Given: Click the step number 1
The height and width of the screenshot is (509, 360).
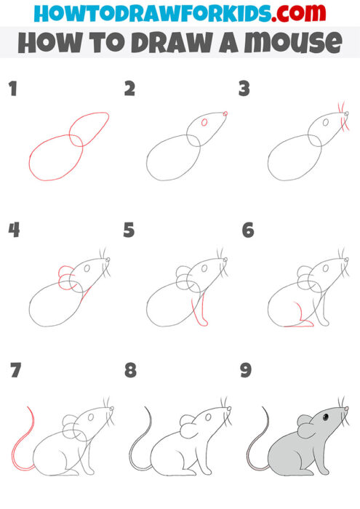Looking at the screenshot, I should click(12, 89).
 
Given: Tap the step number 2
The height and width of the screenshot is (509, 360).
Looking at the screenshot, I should click(130, 89).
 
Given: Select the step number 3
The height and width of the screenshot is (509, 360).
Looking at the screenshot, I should click(244, 89).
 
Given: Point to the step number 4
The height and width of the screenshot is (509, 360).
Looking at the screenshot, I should click(14, 231).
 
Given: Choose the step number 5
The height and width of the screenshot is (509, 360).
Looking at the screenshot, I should click(129, 231).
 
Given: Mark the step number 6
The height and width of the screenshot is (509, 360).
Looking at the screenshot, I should click(247, 231).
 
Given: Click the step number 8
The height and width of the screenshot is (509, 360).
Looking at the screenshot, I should click(130, 371).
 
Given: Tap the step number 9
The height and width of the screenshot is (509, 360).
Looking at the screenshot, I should click(246, 371).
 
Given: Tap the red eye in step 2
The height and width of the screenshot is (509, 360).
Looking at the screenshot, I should click(204, 122).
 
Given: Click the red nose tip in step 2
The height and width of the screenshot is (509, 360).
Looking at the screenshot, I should click(225, 113).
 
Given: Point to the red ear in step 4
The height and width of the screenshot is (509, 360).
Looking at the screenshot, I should click(64, 276).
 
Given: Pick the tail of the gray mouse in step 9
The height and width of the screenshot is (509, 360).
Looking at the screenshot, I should click(255, 444).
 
